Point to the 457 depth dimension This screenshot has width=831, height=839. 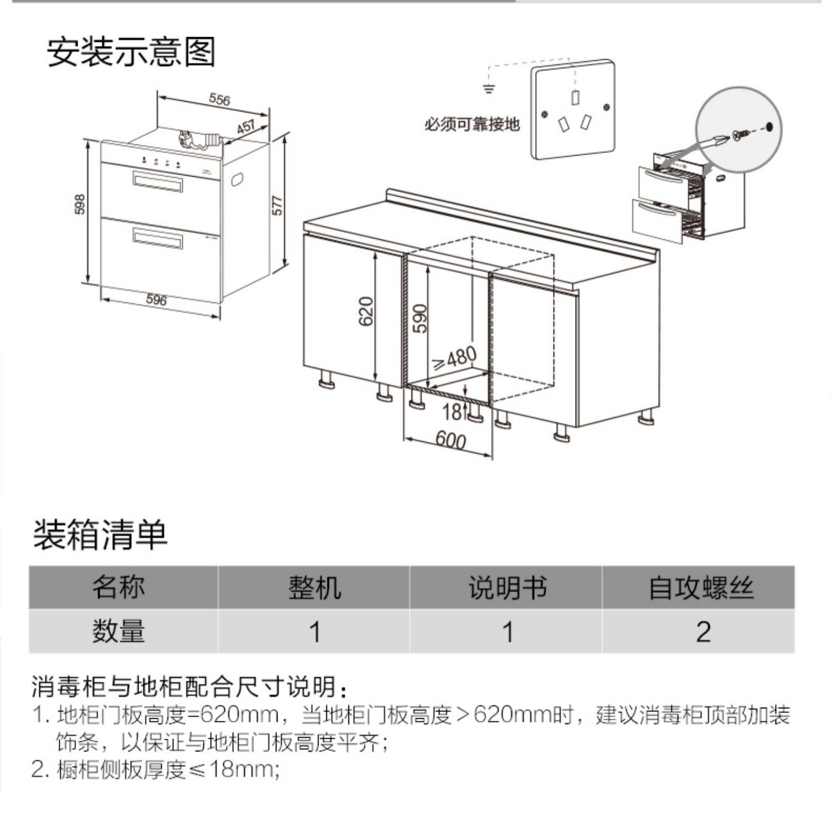pos(245,127)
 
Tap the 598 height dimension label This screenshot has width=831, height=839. pos(80,204)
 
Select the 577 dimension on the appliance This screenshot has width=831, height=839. pos(278,205)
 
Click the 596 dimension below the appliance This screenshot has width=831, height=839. pos(156,300)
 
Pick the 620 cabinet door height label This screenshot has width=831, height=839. pos(366,311)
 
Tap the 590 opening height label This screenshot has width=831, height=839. pos(421,318)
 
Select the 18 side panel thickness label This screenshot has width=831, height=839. pos(452,411)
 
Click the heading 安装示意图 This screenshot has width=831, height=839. pos(131,52)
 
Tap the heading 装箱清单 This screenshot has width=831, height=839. pos(100,535)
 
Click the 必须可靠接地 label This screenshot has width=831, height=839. pos(472,124)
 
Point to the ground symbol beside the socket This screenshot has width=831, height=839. pos(488,88)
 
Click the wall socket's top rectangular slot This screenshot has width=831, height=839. pos(575,97)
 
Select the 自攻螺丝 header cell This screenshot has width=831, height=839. pos(701,587)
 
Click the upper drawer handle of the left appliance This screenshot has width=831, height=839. pos(157,181)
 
